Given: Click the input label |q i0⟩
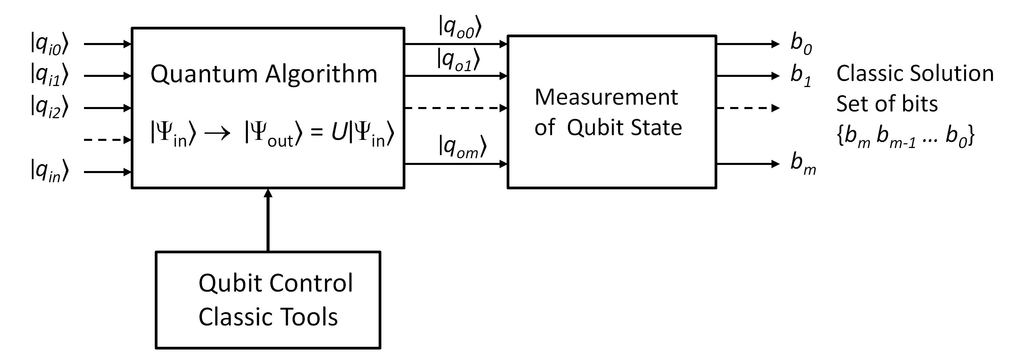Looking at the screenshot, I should tap(49, 44).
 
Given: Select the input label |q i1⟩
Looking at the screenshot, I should tap(49, 75).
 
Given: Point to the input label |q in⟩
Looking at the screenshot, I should tap(49, 171).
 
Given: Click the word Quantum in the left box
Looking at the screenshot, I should tap(204, 74).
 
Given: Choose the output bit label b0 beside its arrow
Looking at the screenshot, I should tap(801, 43).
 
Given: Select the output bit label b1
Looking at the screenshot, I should tap(801, 75).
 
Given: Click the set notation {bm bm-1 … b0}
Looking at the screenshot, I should tap(906, 136).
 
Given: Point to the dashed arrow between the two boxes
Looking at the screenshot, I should tap(456, 108).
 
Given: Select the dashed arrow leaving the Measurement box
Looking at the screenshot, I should tap(747, 108).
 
